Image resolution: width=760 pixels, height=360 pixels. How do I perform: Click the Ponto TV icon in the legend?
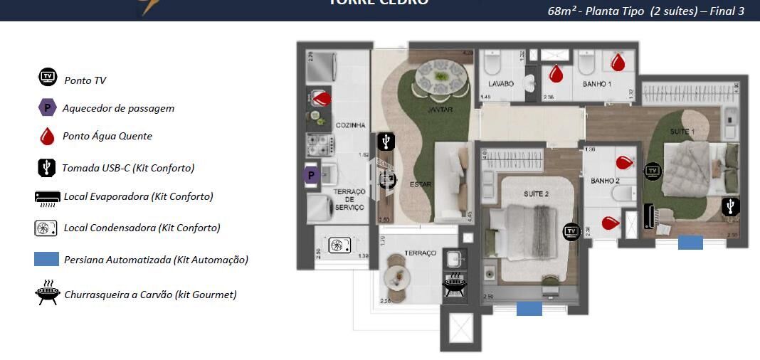coord(48,77)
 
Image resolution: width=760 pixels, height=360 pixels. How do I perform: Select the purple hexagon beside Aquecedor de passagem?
coord(47,108)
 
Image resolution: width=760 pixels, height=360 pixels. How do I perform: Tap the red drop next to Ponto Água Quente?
coord(47,136)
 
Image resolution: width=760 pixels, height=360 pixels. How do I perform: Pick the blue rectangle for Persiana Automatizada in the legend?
coord(46,259)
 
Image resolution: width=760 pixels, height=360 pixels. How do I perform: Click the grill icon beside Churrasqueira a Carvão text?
coord(47,293)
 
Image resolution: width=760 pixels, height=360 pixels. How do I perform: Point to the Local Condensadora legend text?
coord(142,228)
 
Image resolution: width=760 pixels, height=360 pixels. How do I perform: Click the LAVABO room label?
coord(501,84)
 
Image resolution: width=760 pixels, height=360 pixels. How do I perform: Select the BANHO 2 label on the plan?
coord(605,181)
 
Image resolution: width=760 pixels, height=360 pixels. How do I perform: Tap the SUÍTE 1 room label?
coord(682,132)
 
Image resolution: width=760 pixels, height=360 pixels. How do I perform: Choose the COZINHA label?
coord(350,125)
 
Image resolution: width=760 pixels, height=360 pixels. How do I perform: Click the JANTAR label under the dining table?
coord(440,110)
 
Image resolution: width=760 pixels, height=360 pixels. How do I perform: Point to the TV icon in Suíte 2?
coord(571,231)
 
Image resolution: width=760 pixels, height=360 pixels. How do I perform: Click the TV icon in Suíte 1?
coord(652,171)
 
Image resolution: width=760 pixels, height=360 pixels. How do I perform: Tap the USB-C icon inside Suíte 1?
coord(730,207)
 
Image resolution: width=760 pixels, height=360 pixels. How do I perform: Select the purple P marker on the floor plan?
coord(311,175)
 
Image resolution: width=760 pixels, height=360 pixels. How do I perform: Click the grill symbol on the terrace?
coord(454,285)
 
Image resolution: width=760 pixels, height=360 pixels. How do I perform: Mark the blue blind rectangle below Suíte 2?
coord(529,308)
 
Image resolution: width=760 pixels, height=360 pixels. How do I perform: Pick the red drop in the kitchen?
coord(322,97)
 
